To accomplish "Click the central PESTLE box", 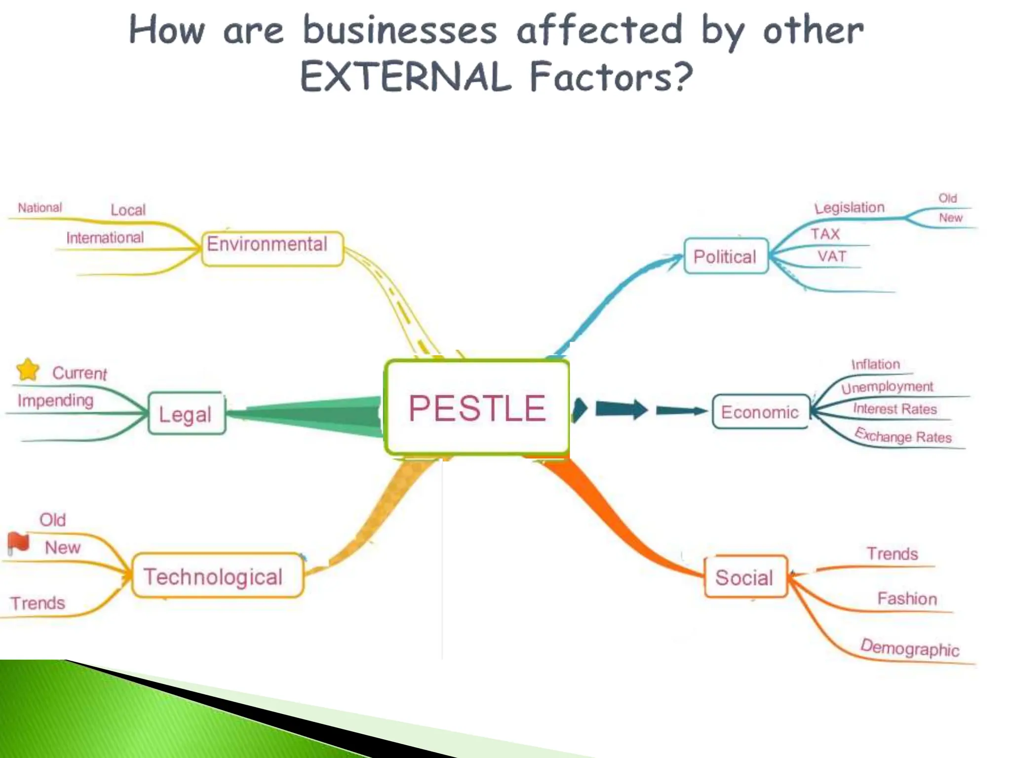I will tap(477, 408).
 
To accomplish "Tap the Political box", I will tap(726, 256).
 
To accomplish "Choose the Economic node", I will tap(760, 412).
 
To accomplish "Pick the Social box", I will tap(745, 577).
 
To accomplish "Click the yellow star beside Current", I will tap(28, 369).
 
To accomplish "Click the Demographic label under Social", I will tap(909, 647).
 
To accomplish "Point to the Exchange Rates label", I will tap(903, 436).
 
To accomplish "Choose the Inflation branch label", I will tap(875, 364).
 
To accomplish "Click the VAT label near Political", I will tap(832, 256).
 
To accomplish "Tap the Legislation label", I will tap(849, 207).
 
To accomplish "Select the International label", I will tap(105, 238).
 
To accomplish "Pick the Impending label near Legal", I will tap(55, 400).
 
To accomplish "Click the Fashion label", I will tap(907, 599).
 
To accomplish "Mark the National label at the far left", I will tap(40, 208).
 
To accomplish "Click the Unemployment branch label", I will tap(887, 387).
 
